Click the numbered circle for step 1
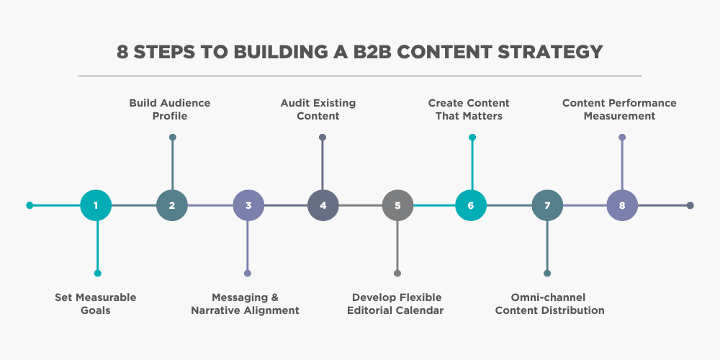[96, 205]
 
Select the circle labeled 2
[172, 205]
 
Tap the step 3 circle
[248, 205]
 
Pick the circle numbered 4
[323, 205]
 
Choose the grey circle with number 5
[397, 205]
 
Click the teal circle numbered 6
[471, 205]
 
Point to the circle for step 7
[547, 205]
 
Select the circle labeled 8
[622, 205]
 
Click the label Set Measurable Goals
[96, 304]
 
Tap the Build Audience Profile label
[170, 109]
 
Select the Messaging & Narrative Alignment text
[245, 304]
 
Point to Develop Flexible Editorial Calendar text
[397, 304]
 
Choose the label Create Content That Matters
[469, 109]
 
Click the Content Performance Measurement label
[619, 109]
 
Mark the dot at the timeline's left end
[30, 205]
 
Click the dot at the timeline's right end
[690, 205]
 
